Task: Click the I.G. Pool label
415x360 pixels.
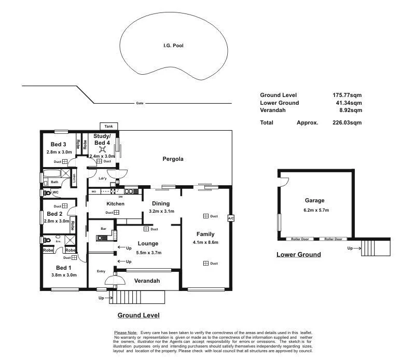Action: coord(174,46)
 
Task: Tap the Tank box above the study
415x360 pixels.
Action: coord(108,126)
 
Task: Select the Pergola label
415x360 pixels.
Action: coord(173,159)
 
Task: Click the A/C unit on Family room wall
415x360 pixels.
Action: coord(231,218)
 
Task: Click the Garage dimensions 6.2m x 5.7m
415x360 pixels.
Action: coord(315,210)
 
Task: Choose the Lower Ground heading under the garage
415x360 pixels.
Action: coord(298,255)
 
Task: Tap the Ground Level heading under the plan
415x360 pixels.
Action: coord(139,315)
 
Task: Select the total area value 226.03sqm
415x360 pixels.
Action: coord(347,123)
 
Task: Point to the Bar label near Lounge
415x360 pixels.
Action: coord(103,228)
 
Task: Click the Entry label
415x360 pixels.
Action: coord(101,271)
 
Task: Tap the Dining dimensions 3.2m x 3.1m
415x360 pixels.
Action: coord(161,212)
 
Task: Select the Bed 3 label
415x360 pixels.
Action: coord(58,144)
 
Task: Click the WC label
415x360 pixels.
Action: coord(56,192)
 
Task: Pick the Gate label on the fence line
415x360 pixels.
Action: coord(140,103)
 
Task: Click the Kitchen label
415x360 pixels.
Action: coord(115,204)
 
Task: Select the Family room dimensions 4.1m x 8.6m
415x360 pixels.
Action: coord(205,242)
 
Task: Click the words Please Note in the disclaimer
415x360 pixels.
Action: coord(126,333)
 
